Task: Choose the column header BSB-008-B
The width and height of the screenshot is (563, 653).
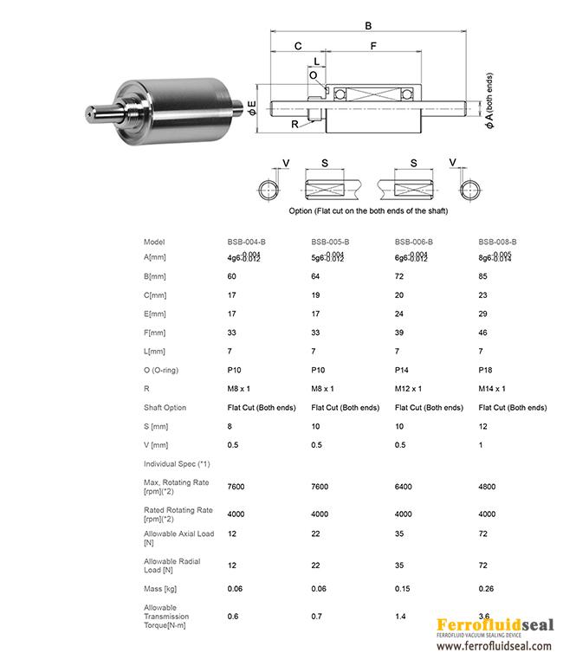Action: click(497, 242)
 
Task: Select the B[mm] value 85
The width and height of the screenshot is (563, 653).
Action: click(483, 275)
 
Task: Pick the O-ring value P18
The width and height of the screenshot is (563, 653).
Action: click(485, 370)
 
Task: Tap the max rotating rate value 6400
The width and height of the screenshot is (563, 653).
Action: click(404, 487)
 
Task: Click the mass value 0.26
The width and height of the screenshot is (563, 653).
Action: click(486, 587)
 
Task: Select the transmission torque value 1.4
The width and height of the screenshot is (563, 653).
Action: click(400, 617)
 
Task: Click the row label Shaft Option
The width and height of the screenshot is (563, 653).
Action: click(165, 408)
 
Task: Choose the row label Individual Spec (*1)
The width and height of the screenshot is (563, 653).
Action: click(177, 464)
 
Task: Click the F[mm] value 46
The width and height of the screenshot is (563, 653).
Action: click(483, 333)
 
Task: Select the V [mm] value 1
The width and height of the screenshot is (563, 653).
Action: click(481, 445)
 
